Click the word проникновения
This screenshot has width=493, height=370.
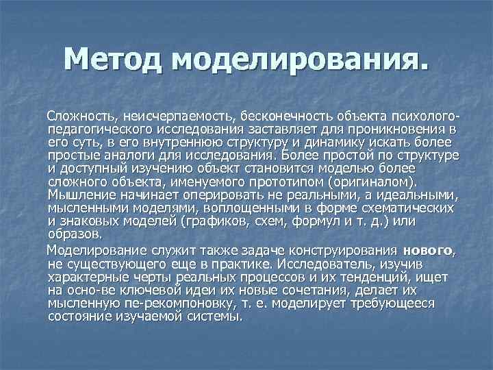403,127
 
